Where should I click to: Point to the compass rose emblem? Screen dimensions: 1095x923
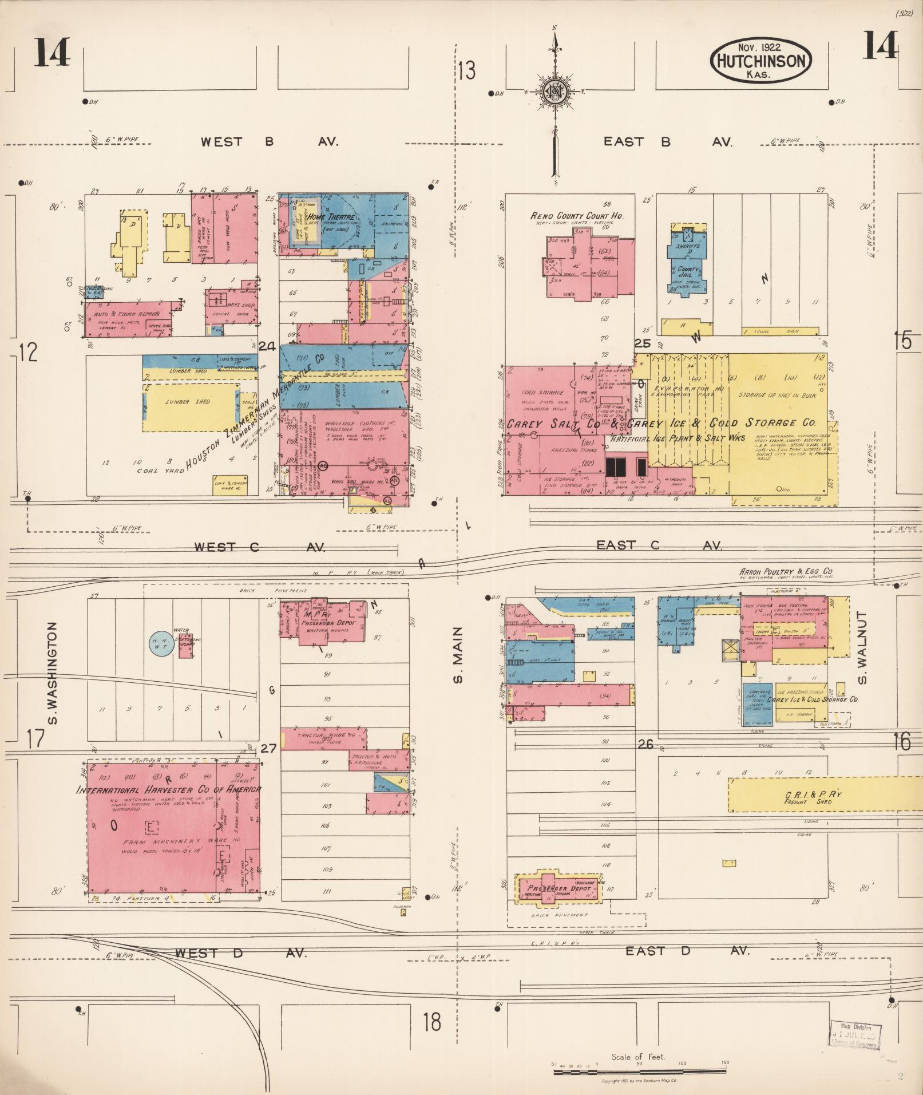(x=554, y=91)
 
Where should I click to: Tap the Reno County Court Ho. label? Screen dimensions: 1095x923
(x=576, y=216)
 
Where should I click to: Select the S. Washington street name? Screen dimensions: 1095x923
(x=53, y=673)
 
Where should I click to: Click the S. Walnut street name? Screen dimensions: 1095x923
(x=863, y=647)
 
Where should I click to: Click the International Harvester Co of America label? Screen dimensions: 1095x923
(x=169, y=789)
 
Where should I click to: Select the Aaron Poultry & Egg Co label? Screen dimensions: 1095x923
(x=786, y=572)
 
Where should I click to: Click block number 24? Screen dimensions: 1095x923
(x=267, y=346)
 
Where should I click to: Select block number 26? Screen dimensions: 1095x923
(x=645, y=745)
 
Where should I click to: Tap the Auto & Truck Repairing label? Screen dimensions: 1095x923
(x=128, y=314)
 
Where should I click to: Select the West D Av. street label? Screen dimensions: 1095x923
(x=241, y=954)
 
